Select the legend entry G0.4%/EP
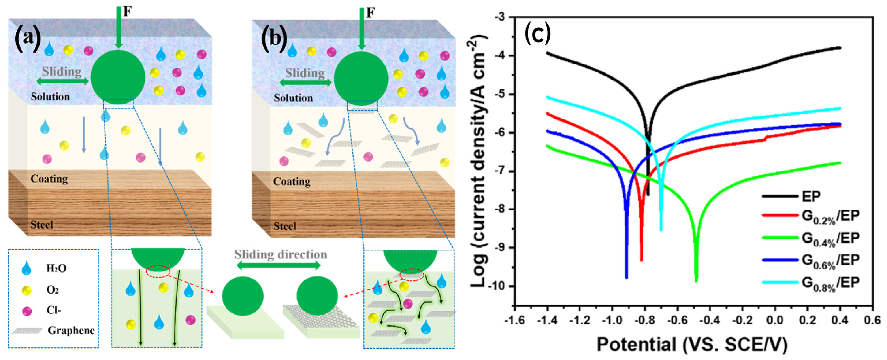pyautogui.click(x=830, y=238)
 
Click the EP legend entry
pyautogui.click(x=811, y=196)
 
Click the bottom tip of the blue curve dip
pyautogui.click(x=626, y=277)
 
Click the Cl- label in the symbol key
pyautogui.click(x=54, y=310)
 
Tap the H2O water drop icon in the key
pyautogui.click(x=26, y=268)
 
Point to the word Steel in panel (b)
pyautogui.click(x=285, y=226)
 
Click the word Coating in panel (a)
pyautogui.click(x=49, y=179)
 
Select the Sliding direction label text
pyautogui.click(x=281, y=255)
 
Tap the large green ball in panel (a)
pyautogui.click(x=118, y=77)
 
